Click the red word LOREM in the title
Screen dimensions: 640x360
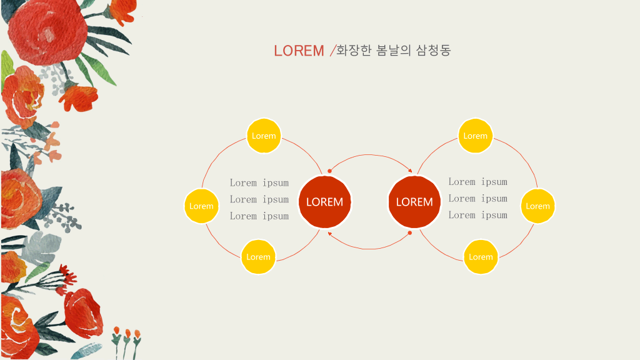pos(299,51)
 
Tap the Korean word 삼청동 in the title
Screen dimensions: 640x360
pos(433,50)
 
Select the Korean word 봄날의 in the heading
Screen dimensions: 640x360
pos(393,50)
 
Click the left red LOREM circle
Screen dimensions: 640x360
pos(325,202)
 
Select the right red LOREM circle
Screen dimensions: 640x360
pos(414,202)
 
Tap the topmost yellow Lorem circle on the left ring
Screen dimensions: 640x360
pos(264,136)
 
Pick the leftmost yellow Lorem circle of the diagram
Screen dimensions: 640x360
pos(201,206)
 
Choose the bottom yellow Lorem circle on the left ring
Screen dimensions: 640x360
pos(258,257)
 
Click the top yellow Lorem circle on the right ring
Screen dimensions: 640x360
pos(476,136)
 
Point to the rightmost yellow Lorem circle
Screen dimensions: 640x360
pos(537,206)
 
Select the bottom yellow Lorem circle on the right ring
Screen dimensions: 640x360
pos(481,257)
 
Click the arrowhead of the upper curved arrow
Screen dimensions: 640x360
pos(410,170)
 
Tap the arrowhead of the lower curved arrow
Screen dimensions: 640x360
pos(330,234)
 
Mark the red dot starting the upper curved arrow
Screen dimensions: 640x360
pos(329,171)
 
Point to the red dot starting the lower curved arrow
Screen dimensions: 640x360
pos(410,233)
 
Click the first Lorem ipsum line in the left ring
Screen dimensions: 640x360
pos(259,183)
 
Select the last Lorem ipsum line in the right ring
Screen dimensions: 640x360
pos(478,215)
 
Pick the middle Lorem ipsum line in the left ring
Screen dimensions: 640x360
pos(259,199)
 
